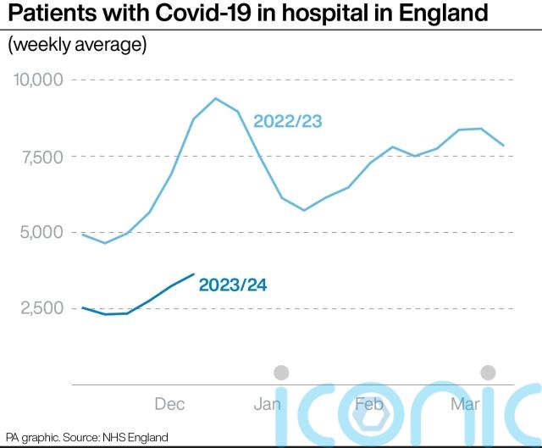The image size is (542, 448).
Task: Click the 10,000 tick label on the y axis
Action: pyautogui.click(x=38, y=80)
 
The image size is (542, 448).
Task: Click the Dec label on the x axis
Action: pyautogui.click(x=170, y=404)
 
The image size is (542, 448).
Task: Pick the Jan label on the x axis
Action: pyautogui.click(x=267, y=404)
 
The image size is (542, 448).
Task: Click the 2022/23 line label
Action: pyautogui.click(x=288, y=122)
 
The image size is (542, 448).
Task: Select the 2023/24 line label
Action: pyautogui.click(x=233, y=285)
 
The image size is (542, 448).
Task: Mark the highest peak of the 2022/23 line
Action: pyautogui.click(x=215, y=98)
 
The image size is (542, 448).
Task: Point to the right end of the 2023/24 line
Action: pyautogui.click(x=195, y=274)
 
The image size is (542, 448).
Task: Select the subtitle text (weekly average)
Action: pyautogui.click(x=77, y=45)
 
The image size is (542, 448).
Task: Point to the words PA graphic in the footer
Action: pyautogui.click(x=31, y=437)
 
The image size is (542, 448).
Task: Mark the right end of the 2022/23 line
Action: pyautogui.click(x=505, y=146)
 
